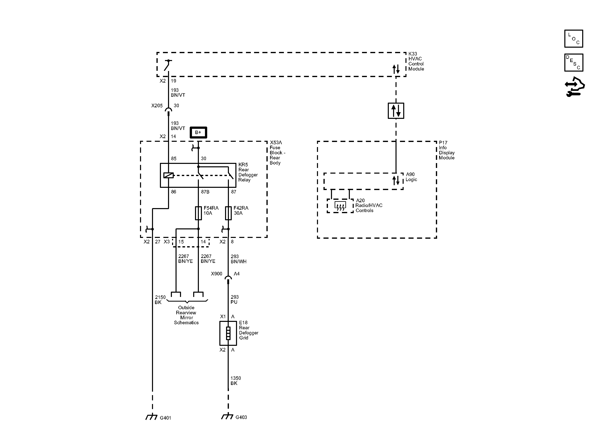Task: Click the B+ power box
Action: [198, 132]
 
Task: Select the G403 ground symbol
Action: [227, 416]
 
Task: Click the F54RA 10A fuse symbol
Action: [198, 213]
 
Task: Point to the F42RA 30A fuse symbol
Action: [228, 213]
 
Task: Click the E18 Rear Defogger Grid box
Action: [228, 333]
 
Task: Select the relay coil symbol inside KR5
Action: [168, 175]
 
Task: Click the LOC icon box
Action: [574, 39]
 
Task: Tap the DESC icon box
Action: [574, 62]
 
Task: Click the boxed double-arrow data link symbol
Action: [396, 111]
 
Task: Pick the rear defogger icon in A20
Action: [340, 206]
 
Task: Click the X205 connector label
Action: [157, 106]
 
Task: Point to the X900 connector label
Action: [217, 274]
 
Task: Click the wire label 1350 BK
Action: [235, 380]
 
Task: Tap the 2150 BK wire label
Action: [160, 300]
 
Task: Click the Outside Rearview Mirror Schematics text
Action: [186, 315]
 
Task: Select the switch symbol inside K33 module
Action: [168, 65]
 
